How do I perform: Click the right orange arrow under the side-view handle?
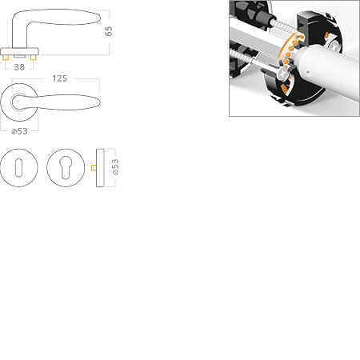tap(32, 58)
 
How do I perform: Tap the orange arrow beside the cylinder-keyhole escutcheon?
tap(90, 168)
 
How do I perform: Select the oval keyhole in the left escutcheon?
tap(18, 168)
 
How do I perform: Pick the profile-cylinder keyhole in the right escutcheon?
tap(66, 169)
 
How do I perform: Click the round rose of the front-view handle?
tap(19, 102)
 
